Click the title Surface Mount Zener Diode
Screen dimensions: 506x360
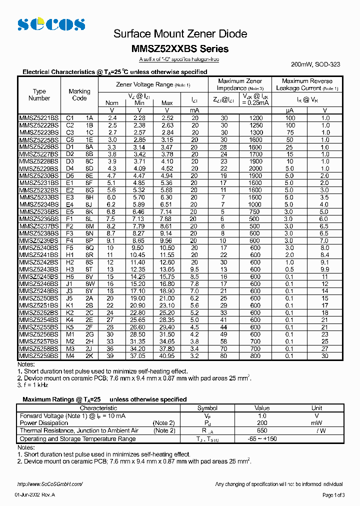pos(180,34)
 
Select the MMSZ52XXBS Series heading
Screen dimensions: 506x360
pos(180,49)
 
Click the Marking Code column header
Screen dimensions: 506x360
pos(79,95)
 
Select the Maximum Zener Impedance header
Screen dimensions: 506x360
pos(240,84)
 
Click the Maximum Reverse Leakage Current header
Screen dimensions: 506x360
pos(307,84)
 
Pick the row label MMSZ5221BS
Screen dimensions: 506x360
pos(38,118)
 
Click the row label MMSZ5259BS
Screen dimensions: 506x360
pos(38,356)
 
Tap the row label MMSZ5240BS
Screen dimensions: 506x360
pos(38,247)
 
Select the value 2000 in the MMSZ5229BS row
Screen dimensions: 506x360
pos(255,168)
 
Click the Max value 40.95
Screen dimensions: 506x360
pos(167,356)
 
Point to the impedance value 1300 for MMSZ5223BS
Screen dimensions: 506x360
pos(255,132)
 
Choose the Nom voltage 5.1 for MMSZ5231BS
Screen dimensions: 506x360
pos(111,183)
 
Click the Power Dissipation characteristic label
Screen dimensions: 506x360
pos(44,423)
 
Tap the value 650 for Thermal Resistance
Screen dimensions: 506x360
pos(262,430)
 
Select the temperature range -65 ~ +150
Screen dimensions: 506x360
pos(262,438)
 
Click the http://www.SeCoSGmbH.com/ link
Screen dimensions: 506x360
pos(49,484)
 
